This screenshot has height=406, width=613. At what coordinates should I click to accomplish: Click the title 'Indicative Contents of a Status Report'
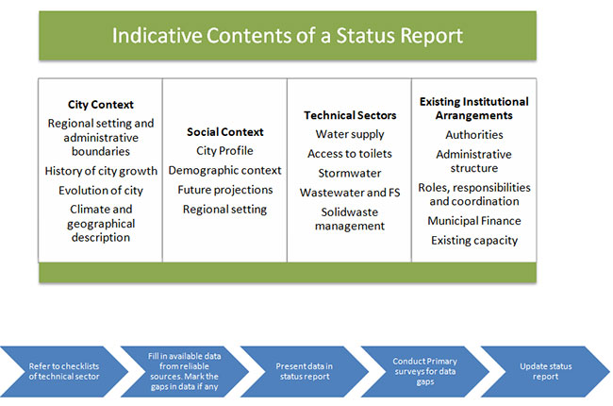coord(288,36)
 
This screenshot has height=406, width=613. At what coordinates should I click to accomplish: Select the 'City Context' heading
coord(101,105)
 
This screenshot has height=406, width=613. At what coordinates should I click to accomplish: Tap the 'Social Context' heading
coord(224,132)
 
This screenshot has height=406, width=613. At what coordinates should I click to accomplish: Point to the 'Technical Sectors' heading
coord(350,115)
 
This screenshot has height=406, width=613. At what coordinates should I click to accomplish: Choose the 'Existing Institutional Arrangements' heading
coord(473,109)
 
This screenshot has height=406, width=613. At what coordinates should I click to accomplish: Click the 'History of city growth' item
coord(101,171)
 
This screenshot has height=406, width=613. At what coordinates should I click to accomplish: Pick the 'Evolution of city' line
coord(101,191)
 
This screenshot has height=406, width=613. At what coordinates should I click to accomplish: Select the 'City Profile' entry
coord(224,151)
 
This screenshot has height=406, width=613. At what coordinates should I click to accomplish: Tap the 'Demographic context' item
coord(224,170)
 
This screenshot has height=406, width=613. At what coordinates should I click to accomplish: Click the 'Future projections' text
coord(225,190)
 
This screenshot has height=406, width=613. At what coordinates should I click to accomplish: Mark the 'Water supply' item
coord(350,134)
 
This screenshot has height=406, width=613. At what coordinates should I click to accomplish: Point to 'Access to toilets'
coord(350,154)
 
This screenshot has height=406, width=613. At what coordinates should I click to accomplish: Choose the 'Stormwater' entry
coord(350,173)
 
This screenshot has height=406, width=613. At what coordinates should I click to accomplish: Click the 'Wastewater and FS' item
coord(350,193)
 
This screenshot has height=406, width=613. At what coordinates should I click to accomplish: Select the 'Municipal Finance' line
coord(474,221)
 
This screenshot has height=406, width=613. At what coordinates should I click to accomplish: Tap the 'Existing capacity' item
coord(474,241)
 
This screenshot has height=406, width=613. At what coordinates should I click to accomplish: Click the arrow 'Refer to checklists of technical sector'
coord(64,372)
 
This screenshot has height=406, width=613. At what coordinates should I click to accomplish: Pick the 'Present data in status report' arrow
coord(305,372)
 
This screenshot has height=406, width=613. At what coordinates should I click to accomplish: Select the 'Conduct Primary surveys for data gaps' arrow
coord(425,372)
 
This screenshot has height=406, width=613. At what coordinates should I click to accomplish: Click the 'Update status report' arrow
coord(545,372)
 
